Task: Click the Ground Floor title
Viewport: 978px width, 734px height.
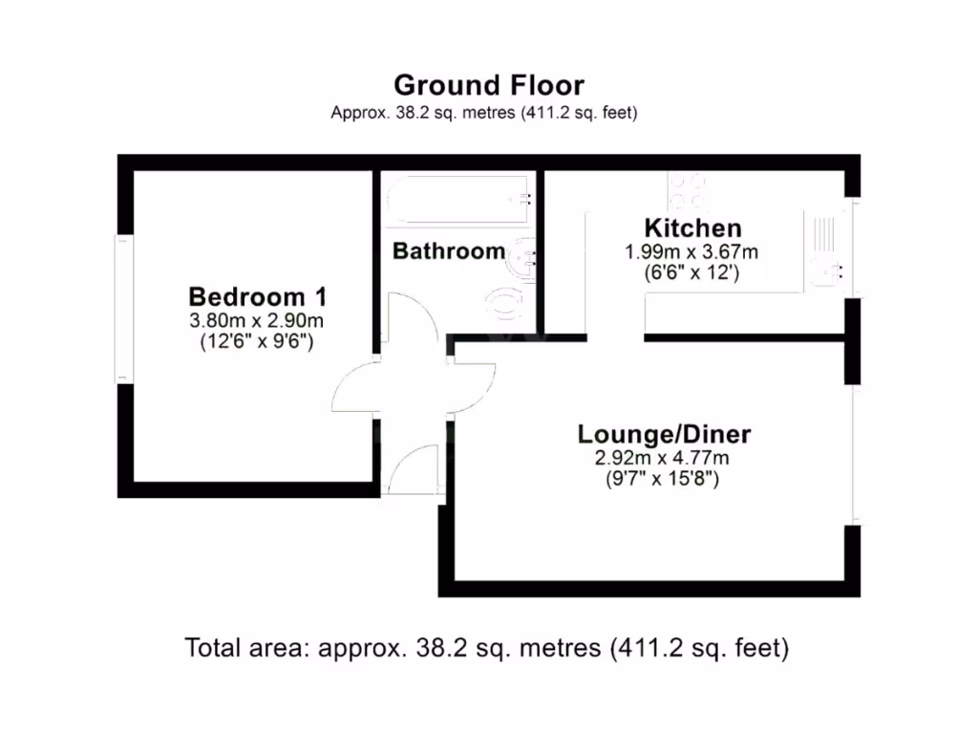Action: click(x=488, y=85)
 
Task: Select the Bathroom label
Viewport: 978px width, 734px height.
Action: click(x=449, y=251)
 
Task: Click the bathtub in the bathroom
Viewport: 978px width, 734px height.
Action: click(x=458, y=200)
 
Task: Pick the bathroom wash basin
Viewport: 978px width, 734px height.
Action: click(x=522, y=257)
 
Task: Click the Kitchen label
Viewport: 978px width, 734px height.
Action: click(x=692, y=229)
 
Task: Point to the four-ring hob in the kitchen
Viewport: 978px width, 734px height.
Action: click(x=688, y=188)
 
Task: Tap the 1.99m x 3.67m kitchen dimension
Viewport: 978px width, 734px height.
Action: click(x=691, y=253)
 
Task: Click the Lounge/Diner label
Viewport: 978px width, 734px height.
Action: click(x=664, y=435)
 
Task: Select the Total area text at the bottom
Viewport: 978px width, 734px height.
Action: click(x=487, y=649)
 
